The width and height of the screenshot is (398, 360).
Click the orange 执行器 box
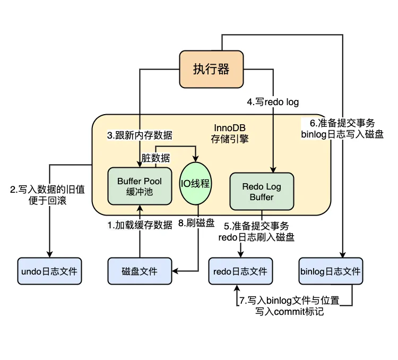[211, 69]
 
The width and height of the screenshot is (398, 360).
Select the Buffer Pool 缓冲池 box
[141, 186]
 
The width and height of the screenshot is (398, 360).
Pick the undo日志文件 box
[49, 271]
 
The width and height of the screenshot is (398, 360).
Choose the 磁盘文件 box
[140, 271]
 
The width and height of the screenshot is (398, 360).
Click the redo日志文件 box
[240, 271]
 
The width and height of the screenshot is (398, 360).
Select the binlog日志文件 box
[331, 271]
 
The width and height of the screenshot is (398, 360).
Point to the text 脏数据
[156, 158]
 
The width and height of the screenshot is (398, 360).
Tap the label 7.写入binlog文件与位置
[289, 301]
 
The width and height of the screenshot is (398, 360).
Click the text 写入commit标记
[290, 312]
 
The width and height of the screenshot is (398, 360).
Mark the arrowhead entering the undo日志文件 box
[49, 254]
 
